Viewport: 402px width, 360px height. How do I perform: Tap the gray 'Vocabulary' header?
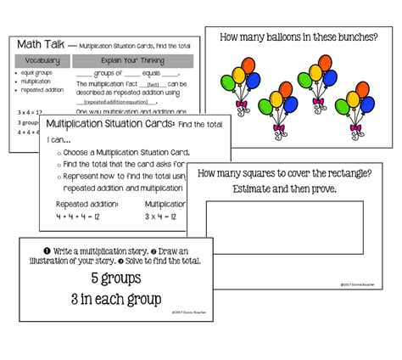coord(42,61)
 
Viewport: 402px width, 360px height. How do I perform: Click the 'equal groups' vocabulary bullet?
coord(36,74)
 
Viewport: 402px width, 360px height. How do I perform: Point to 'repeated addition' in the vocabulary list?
coord(42,89)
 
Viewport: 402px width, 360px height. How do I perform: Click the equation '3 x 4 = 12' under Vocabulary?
coord(31,111)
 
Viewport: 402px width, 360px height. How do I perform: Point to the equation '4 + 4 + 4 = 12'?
coord(79,218)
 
